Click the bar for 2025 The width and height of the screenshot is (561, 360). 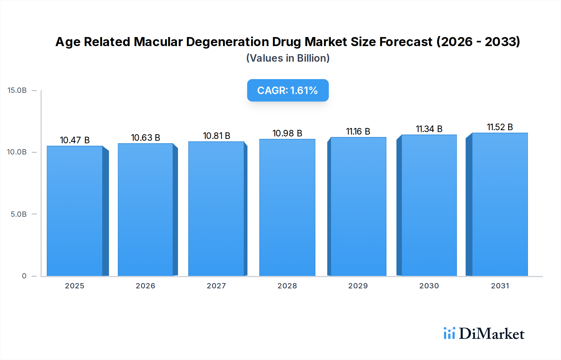pos(75,211)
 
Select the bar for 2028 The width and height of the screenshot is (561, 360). pos(287,207)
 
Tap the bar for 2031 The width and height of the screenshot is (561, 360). pos(500,204)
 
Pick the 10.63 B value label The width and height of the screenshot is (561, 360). pos(145,138)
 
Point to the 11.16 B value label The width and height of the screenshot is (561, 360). pos(358,131)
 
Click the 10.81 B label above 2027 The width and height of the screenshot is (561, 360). pos(216,136)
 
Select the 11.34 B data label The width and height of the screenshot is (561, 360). pos(429,129)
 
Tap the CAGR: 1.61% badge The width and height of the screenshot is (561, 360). pos(288,90)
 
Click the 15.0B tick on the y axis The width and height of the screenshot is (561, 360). pos(17,90)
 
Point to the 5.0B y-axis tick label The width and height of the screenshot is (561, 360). pos(19,214)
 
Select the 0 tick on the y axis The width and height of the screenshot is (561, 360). pos(24,276)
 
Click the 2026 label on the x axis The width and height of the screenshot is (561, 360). pos(145,286)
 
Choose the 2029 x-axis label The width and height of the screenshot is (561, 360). pos(358,286)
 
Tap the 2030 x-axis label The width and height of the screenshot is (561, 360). pos(429,286)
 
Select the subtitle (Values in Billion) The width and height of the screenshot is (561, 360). pos(288,58)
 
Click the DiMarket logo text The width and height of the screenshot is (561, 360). pos(491,334)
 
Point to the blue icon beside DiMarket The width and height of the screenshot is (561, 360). pos(449,333)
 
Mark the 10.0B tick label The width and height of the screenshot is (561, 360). pos(17,152)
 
